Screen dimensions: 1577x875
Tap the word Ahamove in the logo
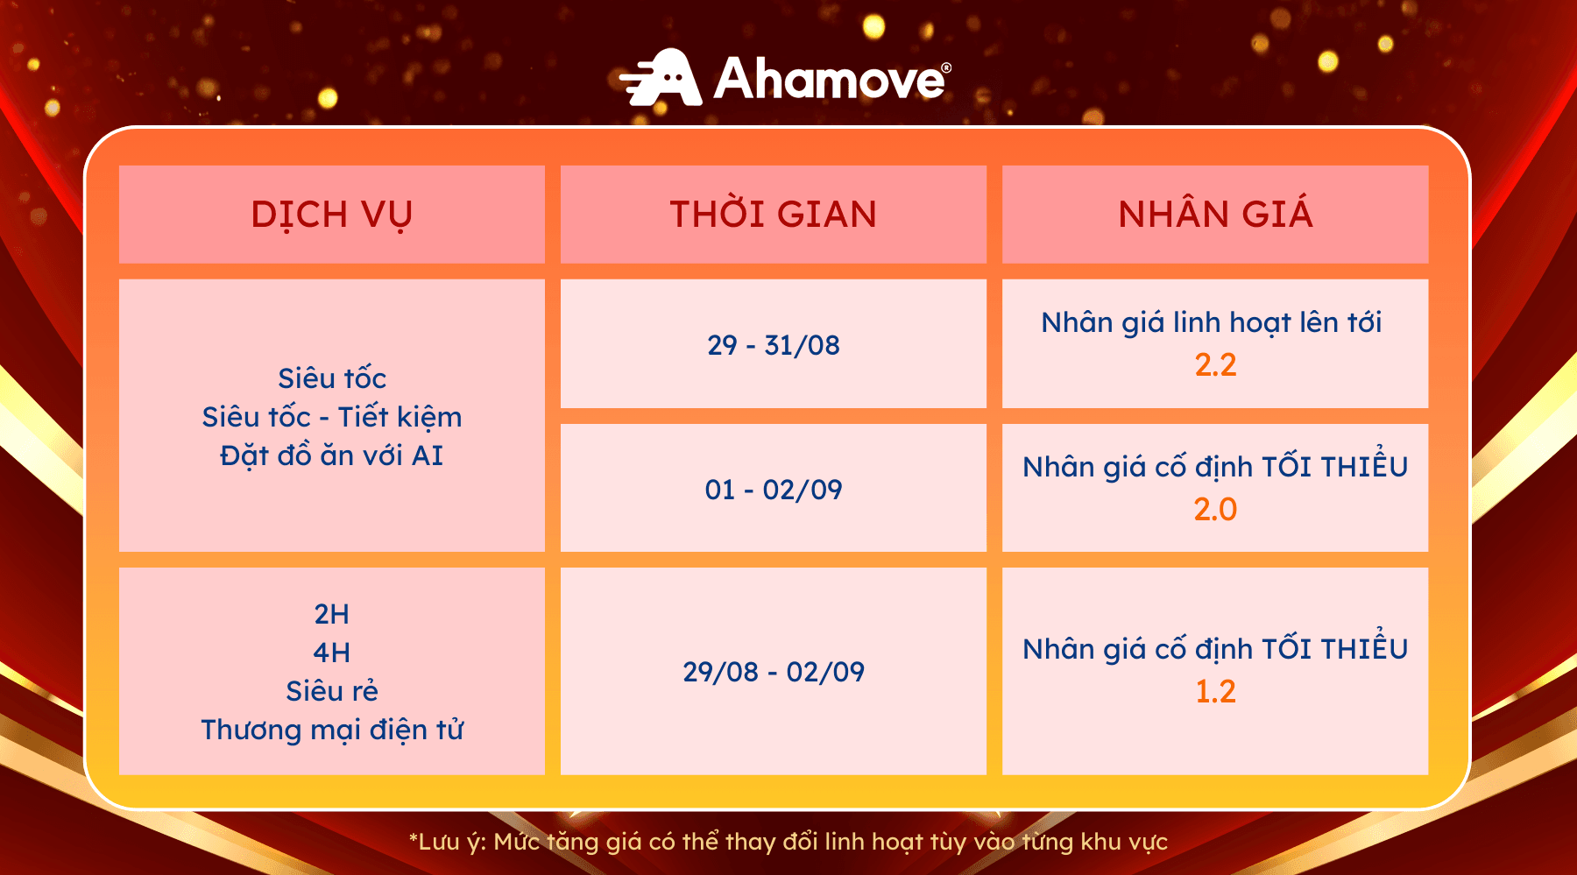coord(829,79)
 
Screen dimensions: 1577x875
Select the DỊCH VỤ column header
coord(332,215)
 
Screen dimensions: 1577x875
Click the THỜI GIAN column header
coord(774,214)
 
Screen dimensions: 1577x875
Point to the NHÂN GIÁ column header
coord(1215,214)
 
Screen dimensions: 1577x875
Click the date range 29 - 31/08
coord(774,345)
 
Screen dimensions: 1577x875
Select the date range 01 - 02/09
coord(774,490)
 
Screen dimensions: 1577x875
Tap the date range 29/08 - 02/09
coord(774,672)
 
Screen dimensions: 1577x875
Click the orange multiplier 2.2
coord(1215,364)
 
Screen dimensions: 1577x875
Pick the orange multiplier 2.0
coord(1215,509)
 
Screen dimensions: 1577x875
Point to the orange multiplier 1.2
coord(1215,691)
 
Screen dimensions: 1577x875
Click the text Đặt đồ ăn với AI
coord(332,455)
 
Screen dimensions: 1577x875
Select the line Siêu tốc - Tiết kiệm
coord(332,417)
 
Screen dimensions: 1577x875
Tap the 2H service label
coord(332,614)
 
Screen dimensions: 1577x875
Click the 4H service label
coord(332,653)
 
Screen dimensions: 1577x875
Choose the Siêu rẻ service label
coord(332,691)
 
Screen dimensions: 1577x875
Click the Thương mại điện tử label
coord(332,730)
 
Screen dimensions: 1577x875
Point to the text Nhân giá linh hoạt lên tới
coord(1212,322)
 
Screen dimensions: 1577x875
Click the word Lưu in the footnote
coord(440,842)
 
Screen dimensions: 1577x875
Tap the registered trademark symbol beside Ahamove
coord(946,67)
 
